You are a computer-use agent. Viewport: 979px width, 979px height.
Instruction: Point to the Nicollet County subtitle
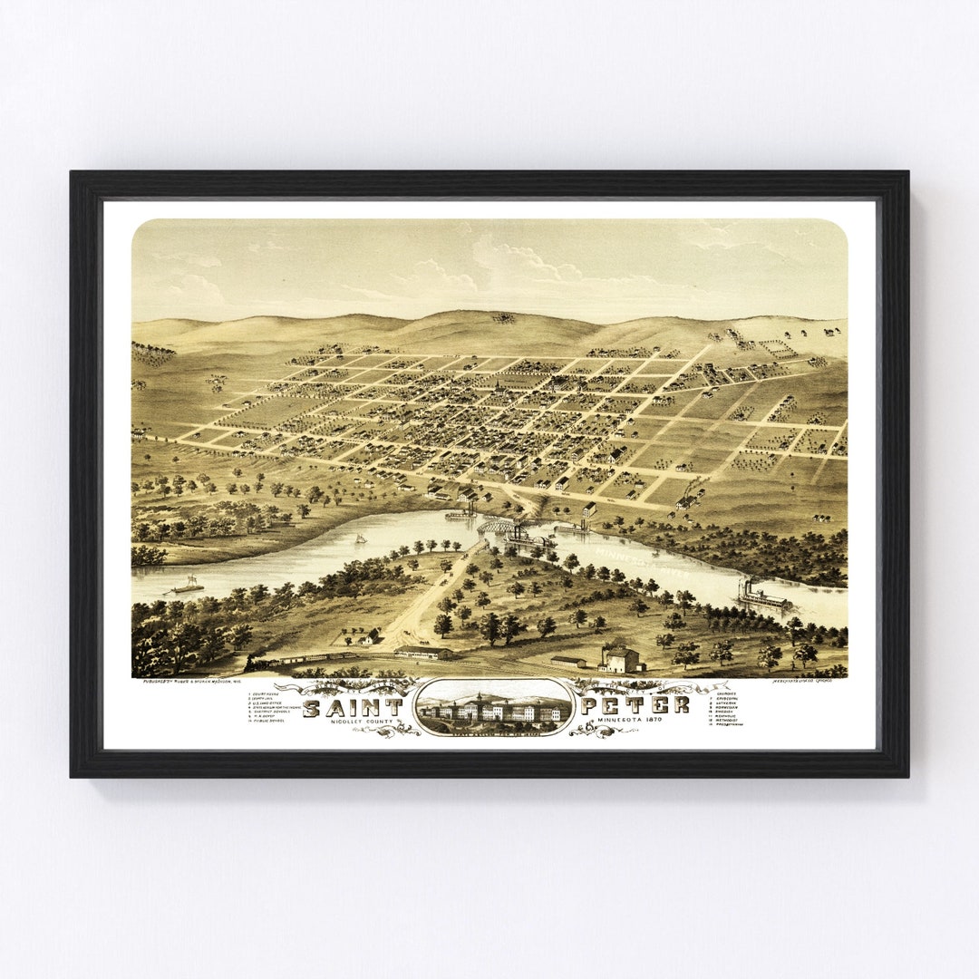click(359, 722)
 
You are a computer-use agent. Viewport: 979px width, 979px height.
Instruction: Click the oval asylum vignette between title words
click(494, 706)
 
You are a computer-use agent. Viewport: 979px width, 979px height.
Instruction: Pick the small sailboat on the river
click(360, 539)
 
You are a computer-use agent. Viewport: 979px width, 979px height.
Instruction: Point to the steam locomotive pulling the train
click(257, 664)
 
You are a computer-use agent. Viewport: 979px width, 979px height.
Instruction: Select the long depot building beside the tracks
click(421, 651)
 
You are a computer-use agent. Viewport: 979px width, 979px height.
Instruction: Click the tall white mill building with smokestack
click(620, 658)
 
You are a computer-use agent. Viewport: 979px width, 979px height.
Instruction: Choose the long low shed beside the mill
click(568, 661)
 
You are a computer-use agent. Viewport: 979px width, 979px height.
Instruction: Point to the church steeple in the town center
click(497, 388)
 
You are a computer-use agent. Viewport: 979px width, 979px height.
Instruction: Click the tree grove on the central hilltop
click(503, 318)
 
